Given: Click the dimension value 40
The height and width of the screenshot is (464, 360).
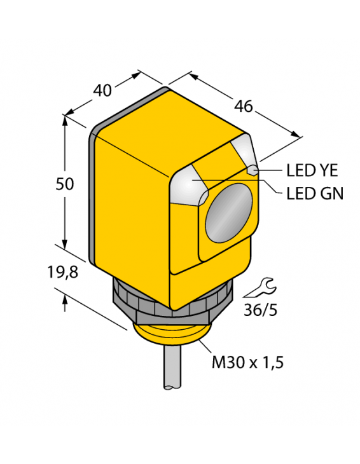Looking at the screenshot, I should pos(102,90).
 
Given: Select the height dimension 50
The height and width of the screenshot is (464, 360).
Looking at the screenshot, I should pos(64,184).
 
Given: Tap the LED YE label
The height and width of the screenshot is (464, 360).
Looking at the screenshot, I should pos(312,170).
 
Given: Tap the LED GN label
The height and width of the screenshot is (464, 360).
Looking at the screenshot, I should pos(314,193).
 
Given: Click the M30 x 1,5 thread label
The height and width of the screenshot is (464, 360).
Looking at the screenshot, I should pos(247,363).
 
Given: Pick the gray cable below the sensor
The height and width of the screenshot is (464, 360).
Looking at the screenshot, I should pos(172,372).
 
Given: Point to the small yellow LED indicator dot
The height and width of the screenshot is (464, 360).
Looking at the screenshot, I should pos(253,170).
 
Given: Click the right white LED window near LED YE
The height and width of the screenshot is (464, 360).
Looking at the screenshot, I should pos(245,153).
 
